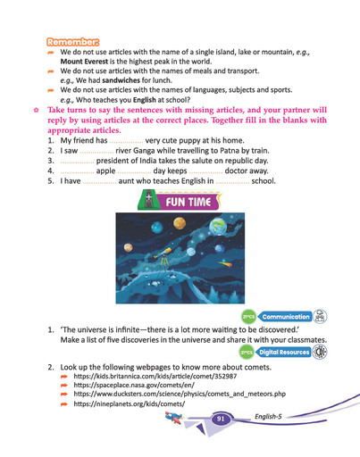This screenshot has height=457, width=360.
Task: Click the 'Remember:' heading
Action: pos(74,42)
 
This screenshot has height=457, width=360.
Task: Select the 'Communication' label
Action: pos(285,316)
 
